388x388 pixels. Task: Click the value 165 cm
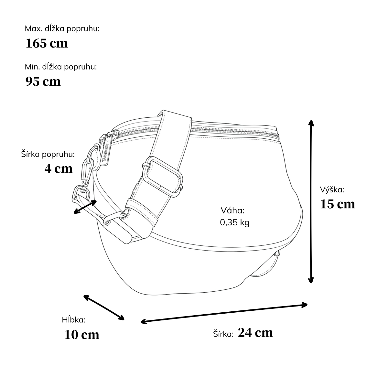pos(47,43)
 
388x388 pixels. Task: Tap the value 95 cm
pos(43,81)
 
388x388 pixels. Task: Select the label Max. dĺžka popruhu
pos(62,29)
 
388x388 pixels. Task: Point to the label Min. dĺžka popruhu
pos(61,67)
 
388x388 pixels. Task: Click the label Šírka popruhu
pos(48,155)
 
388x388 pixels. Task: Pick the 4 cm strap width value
pos(59,169)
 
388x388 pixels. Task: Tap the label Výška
pos(332,190)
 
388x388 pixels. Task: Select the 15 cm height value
pos(338,204)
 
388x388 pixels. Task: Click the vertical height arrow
pos(311,201)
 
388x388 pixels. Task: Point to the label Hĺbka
pos(74,320)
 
